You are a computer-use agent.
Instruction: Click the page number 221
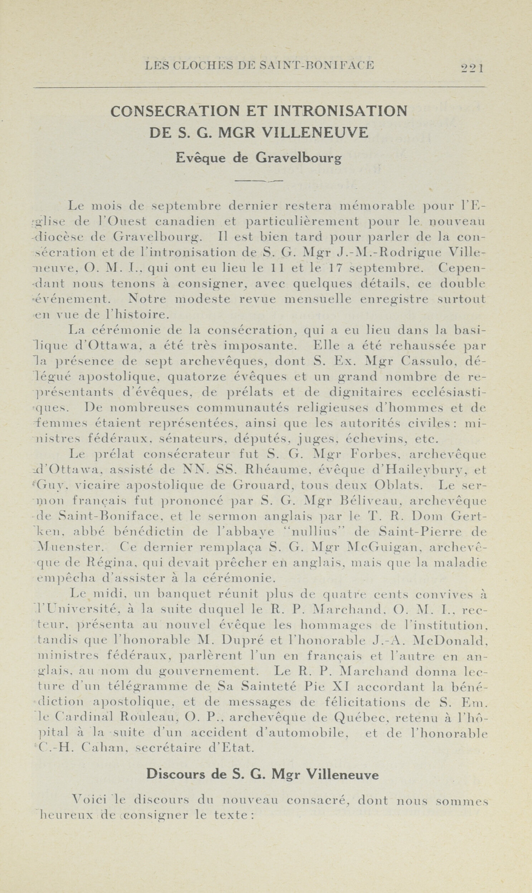click(x=472, y=67)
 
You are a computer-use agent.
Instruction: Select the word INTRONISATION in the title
click(x=340, y=111)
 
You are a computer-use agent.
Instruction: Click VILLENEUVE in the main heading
click(x=315, y=133)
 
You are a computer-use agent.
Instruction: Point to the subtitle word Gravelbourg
click(x=298, y=158)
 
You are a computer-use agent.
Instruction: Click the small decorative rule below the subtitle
click(x=259, y=181)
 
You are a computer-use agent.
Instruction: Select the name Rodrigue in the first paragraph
click(x=409, y=252)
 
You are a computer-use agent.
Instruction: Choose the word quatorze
click(x=197, y=377)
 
